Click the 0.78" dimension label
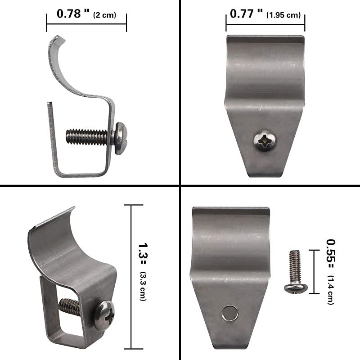[x=73, y=14]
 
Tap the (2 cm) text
[x=104, y=15]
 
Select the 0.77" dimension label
[x=246, y=14]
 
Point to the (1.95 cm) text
[x=283, y=15]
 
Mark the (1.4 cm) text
[x=331, y=290]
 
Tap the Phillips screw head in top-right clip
[x=265, y=140]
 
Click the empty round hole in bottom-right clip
[x=230, y=312]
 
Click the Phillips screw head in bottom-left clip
[x=104, y=313]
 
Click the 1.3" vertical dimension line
[x=131, y=277]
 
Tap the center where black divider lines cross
[x=180, y=185]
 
